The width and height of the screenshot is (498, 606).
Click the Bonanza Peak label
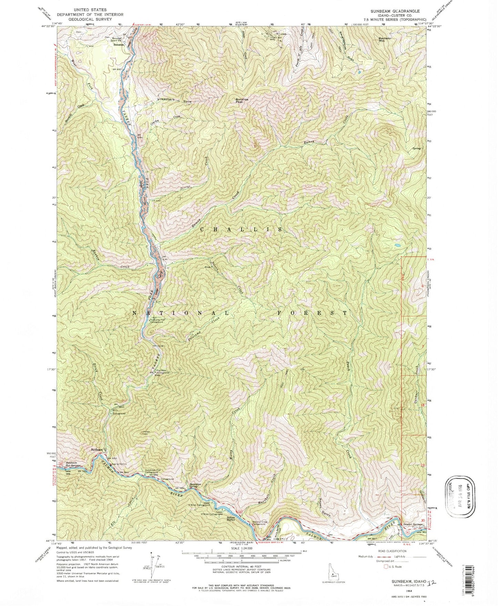click(238, 100)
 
